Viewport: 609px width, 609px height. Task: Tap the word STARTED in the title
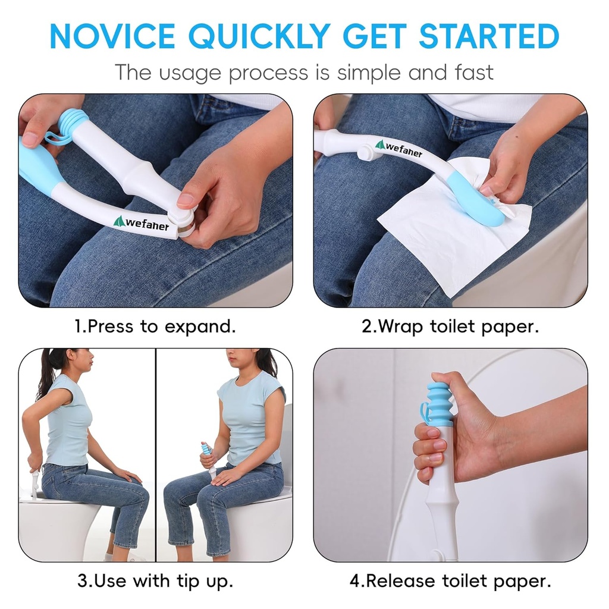[489, 36]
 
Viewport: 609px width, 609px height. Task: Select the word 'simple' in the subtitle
[369, 73]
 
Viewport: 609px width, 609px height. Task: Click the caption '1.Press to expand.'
[155, 326]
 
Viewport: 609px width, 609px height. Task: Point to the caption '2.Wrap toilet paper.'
[450, 326]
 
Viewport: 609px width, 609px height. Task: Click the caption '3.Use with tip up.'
[155, 580]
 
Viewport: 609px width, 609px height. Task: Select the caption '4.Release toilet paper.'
[450, 580]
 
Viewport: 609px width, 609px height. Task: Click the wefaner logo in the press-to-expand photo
[142, 223]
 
